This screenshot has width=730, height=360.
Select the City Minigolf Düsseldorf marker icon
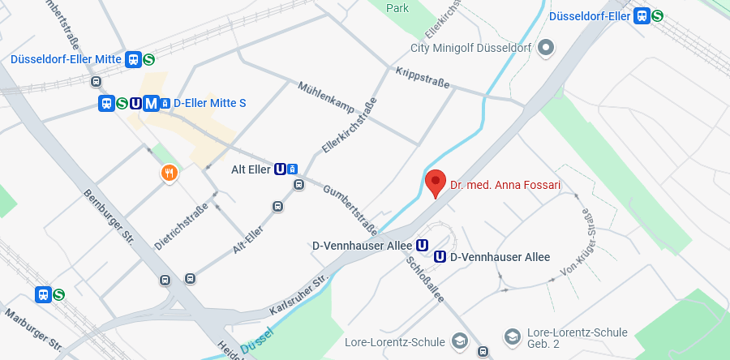click(x=546, y=48)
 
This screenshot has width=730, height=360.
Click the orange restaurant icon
click(x=169, y=172)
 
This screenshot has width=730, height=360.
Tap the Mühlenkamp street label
click(x=327, y=96)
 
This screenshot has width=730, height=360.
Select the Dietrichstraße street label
click(x=181, y=225)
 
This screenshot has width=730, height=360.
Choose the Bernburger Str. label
click(x=109, y=216)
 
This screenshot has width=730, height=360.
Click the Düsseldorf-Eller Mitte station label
click(x=66, y=59)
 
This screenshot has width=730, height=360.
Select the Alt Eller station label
click(x=251, y=169)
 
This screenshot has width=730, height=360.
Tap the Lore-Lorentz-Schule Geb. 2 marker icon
click(x=512, y=336)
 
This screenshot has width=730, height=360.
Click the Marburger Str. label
click(x=33, y=328)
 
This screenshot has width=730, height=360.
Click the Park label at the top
click(x=397, y=8)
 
